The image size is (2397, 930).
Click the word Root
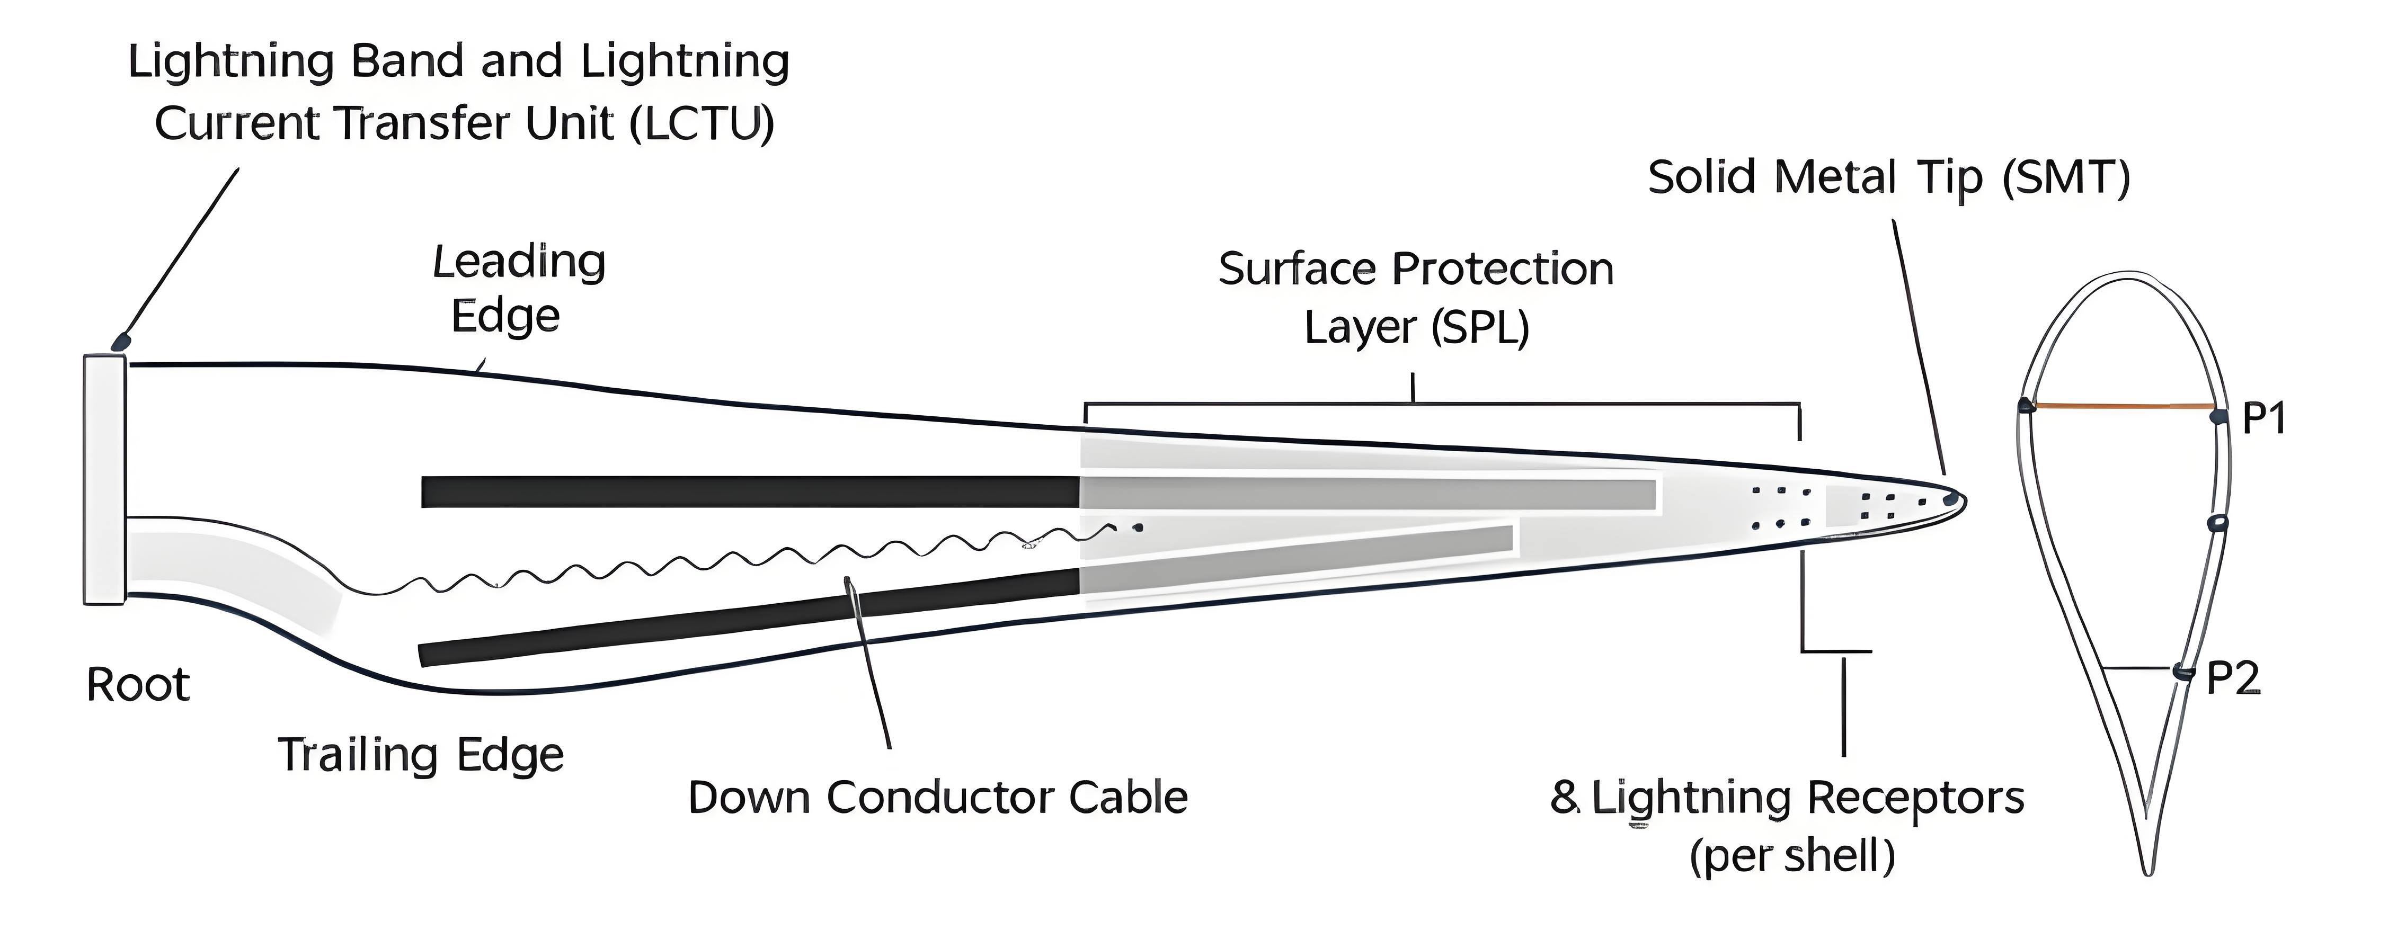(x=138, y=685)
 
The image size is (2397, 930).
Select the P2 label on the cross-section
(x=2233, y=679)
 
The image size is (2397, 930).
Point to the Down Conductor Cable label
(x=938, y=798)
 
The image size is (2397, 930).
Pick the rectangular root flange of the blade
(x=104, y=479)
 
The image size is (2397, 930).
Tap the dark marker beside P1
(x=2220, y=416)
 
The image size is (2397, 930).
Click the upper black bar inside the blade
(x=749, y=492)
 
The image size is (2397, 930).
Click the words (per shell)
(x=1792, y=856)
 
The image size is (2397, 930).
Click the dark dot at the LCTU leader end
(x=120, y=342)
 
